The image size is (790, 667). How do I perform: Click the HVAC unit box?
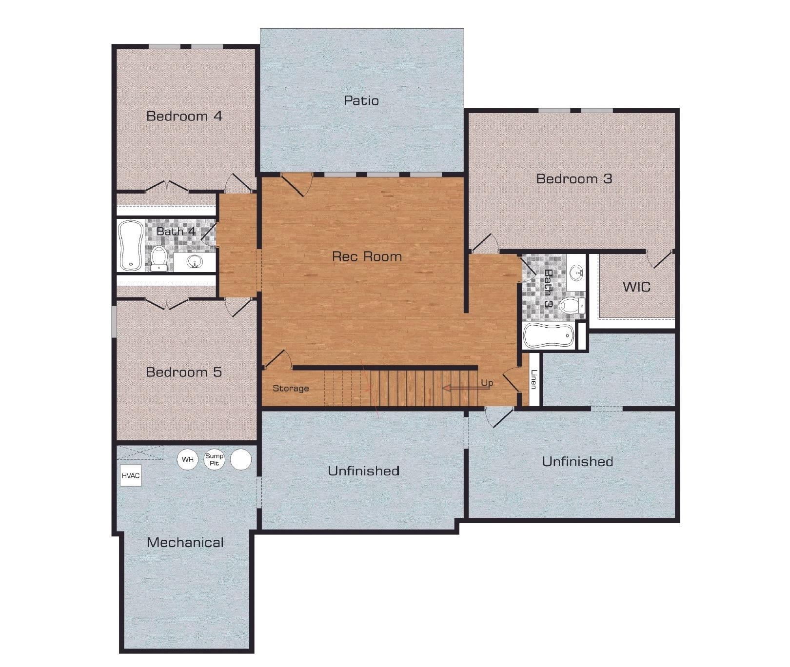131,476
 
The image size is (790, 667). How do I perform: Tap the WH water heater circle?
187,460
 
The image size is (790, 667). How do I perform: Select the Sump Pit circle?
214,460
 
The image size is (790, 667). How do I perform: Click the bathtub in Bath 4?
131,245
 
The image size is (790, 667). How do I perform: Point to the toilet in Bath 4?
158,258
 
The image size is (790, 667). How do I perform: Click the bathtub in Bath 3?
548,335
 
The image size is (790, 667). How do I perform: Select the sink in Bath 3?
577,272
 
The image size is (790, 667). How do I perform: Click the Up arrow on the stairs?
461,388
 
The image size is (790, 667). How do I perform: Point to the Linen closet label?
534,380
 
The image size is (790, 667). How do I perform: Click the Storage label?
291,389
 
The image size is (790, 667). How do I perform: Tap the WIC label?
636,287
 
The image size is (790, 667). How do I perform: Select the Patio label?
361,101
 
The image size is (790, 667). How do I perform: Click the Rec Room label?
367,256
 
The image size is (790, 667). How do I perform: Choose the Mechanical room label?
185,543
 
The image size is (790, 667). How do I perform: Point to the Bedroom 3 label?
574,179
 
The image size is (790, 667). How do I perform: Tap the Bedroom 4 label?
184,116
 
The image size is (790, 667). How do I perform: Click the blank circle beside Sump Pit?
240,460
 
